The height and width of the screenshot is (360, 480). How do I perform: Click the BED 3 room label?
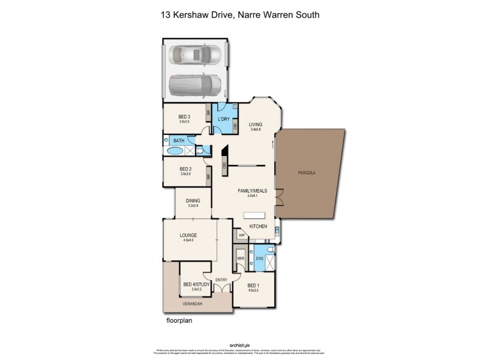[184, 116]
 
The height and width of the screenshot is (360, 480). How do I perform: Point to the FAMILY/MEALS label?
[252, 191]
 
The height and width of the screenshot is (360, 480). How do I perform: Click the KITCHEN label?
[258, 226]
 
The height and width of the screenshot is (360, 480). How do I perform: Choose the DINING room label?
[193, 201]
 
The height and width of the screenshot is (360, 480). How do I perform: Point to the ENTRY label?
[221, 280]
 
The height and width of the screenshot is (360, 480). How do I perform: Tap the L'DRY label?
[224, 119]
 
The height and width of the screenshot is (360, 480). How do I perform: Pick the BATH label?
[179, 140]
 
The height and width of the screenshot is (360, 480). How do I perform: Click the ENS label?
[260, 258]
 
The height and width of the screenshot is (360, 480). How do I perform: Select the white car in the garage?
[195, 55]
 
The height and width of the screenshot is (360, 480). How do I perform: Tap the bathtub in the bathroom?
[176, 151]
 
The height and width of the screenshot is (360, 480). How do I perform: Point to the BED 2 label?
[185, 169]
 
